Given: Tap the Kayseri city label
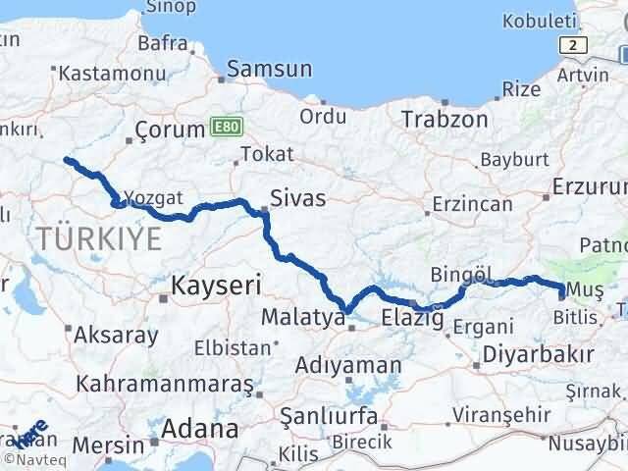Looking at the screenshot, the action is tap(216, 286).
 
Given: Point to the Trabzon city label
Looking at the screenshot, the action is tap(445, 119).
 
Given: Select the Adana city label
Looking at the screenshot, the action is tap(202, 429).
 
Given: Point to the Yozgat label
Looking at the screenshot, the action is tap(155, 198).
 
